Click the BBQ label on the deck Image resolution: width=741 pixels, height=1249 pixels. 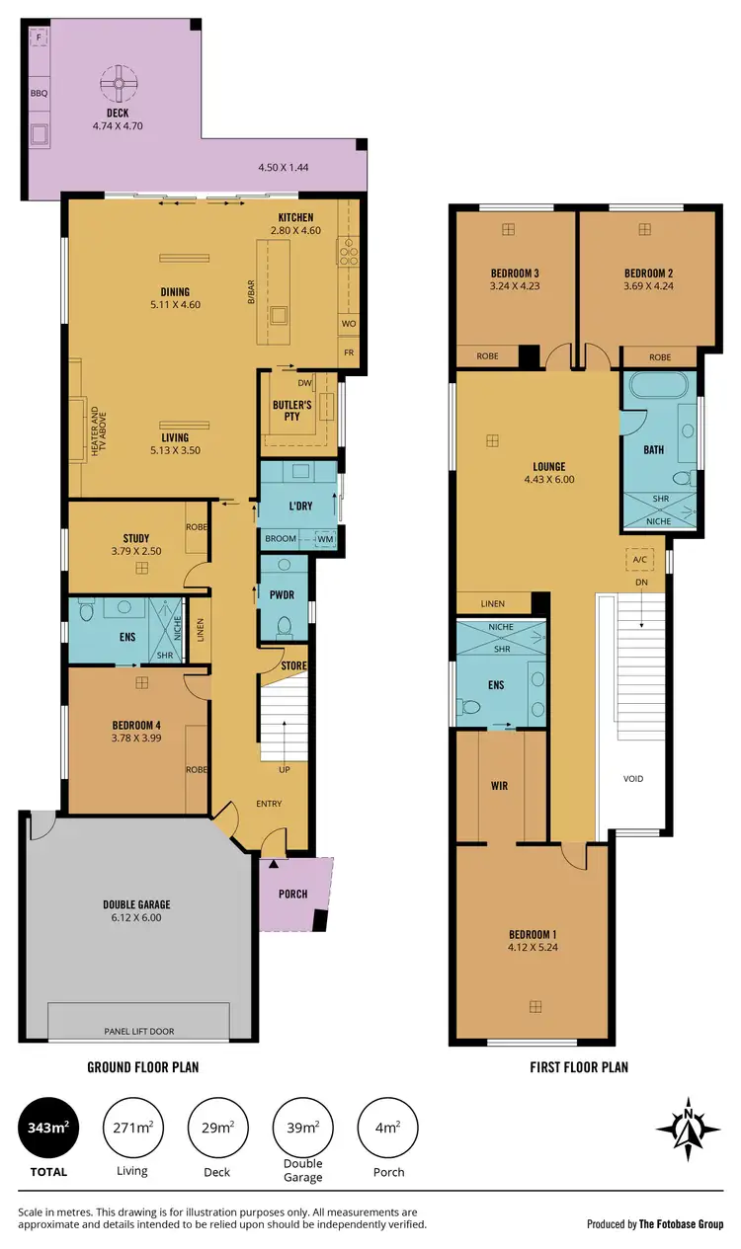pos(40,94)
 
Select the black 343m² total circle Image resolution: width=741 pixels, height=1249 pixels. pos(48,1127)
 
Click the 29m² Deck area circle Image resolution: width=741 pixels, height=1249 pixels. pos(216,1127)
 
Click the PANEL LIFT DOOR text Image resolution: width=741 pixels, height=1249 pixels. pos(139,1032)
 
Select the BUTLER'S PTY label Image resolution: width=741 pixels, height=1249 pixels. pos(292,410)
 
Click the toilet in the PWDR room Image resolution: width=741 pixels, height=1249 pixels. pos(285,625)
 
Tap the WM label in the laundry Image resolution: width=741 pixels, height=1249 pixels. pos(325,539)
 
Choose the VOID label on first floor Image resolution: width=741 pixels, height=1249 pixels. pos(633,779)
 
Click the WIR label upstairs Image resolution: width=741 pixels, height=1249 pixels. pos(499,787)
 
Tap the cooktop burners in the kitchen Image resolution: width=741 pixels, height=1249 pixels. pos(348,253)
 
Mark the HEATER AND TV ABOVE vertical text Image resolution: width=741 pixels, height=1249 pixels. pos(96,431)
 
